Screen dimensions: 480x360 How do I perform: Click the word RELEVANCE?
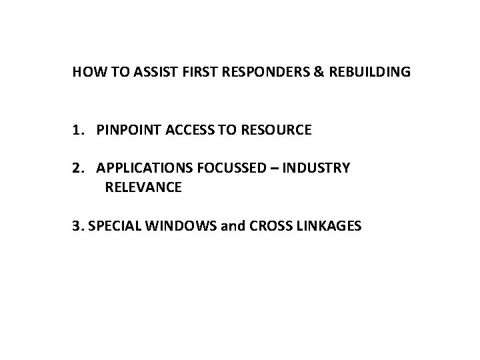point(143,188)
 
